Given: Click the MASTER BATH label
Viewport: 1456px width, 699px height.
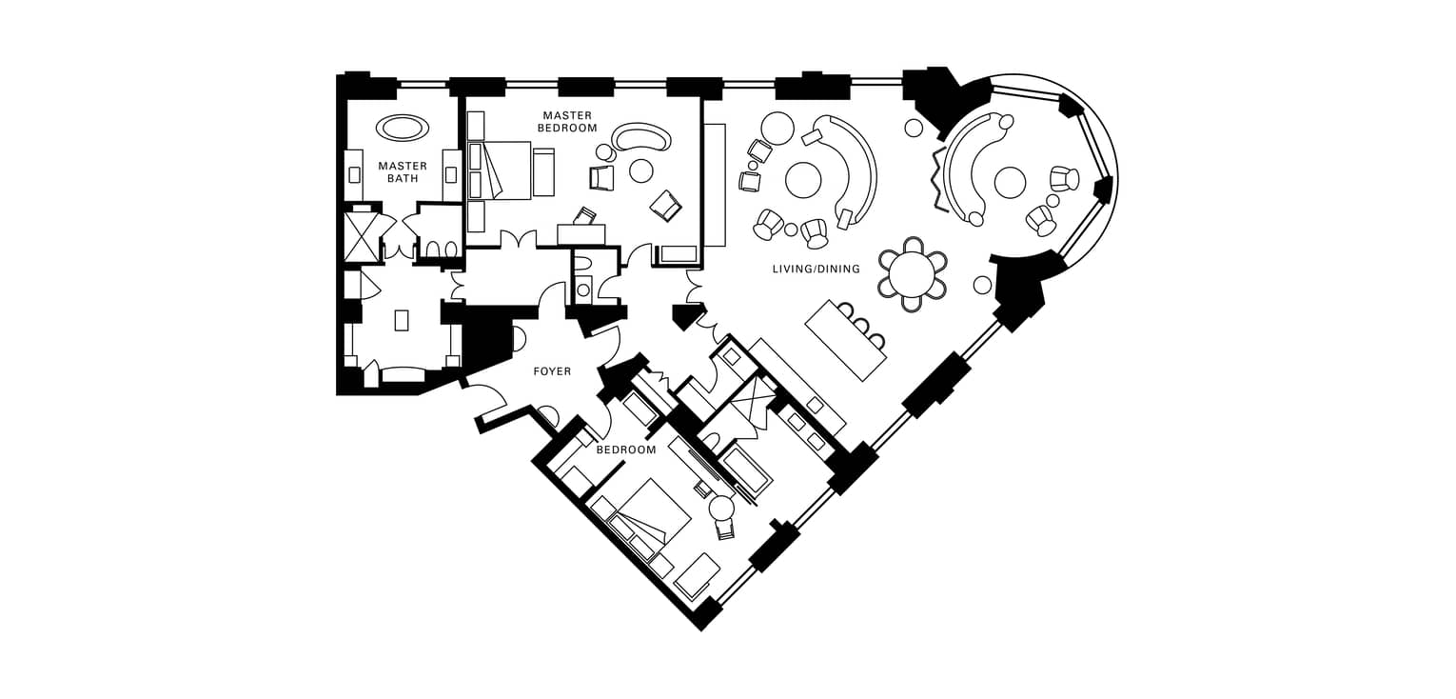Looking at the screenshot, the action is (403, 172).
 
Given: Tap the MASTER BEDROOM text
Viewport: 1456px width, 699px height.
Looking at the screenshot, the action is (567, 122).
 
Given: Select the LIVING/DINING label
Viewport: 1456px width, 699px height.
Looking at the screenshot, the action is (816, 269).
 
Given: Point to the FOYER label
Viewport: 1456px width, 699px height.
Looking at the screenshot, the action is (552, 371).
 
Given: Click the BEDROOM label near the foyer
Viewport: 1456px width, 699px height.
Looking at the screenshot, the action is (626, 449).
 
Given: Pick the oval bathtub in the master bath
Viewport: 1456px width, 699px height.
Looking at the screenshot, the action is (403, 127).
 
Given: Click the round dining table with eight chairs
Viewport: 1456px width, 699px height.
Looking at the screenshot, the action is (912, 273).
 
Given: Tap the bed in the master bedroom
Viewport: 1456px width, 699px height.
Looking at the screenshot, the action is (500, 170).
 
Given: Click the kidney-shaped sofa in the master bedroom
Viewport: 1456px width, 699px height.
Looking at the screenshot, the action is (641, 136).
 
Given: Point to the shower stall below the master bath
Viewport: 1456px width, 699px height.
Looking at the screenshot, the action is (360, 236).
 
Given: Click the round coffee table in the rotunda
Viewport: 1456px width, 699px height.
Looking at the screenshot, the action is (1010, 182).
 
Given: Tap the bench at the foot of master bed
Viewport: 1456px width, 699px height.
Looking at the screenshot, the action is (543, 171).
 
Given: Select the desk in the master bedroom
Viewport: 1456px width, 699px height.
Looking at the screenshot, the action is (581, 234).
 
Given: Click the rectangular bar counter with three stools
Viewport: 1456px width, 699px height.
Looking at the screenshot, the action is (846, 340).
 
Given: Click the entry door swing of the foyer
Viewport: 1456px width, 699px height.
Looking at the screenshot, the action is (486, 397).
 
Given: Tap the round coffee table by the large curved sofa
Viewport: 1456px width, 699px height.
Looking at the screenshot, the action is (803, 180).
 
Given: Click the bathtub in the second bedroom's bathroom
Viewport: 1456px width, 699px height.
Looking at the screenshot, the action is (748, 471).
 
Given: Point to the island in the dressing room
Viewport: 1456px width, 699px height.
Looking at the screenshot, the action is (402, 320).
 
